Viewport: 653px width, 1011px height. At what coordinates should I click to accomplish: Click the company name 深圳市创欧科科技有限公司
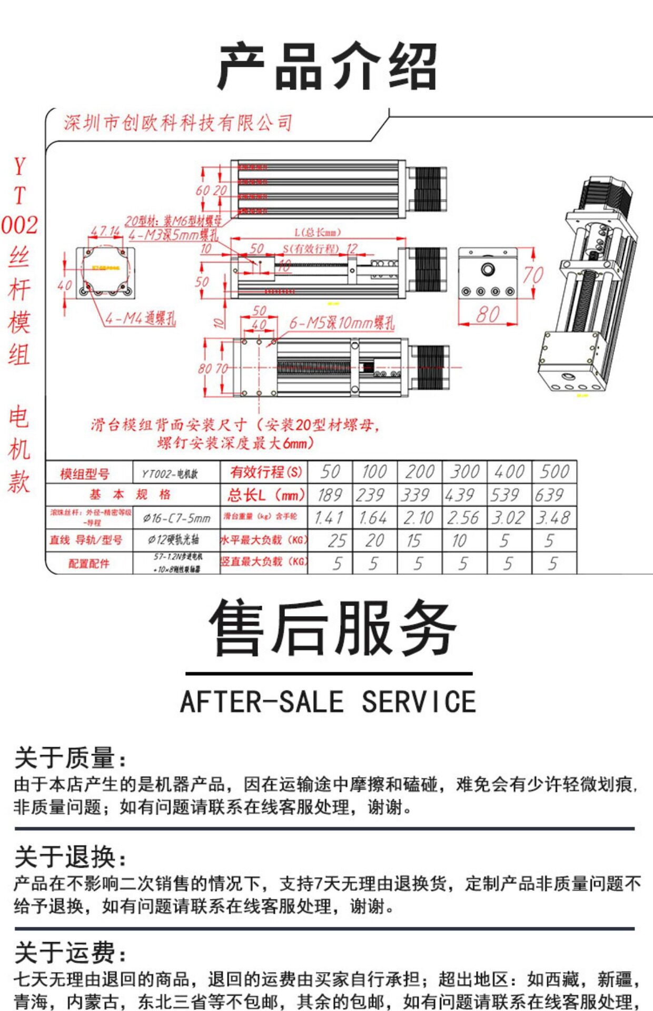tap(177, 123)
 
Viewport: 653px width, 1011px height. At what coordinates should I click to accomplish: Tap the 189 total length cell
tap(330, 495)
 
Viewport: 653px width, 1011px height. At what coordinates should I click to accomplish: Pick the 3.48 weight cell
tap(553, 518)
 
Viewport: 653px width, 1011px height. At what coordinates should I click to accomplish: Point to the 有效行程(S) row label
tap(265, 472)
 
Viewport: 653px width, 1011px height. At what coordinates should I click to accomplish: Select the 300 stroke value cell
tap(464, 472)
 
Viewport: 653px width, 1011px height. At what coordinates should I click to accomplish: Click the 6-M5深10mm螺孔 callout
tap(341, 323)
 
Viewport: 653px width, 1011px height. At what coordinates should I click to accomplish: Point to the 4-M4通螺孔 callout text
tap(140, 318)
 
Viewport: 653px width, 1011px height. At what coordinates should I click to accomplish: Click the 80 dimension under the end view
tap(488, 315)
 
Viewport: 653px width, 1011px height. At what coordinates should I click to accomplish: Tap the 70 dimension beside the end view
tap(533, 275)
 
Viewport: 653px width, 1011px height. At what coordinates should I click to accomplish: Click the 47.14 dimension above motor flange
tap(105, 231)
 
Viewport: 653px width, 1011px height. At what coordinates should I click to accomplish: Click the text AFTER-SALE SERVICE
tap(328, 702)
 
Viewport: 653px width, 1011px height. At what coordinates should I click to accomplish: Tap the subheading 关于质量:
tap(70, 758)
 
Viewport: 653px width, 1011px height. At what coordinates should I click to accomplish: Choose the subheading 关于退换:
tap(70, 857)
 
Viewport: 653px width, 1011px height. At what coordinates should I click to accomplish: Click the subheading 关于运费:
tap(70, 953)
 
